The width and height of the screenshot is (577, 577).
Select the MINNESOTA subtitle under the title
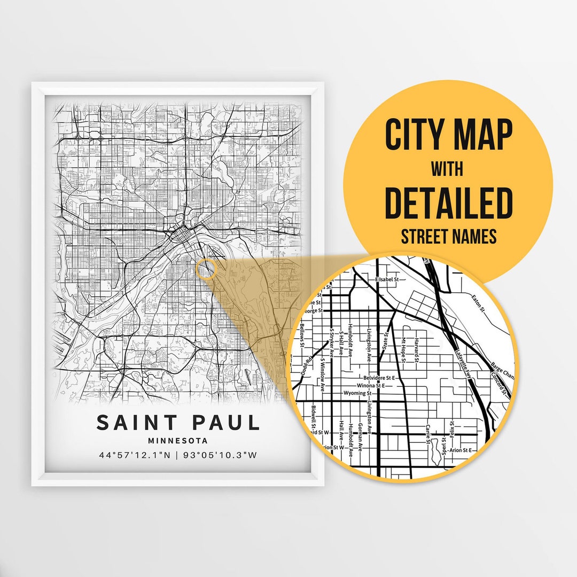[178, 441]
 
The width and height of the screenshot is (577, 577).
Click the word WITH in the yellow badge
[448, 169]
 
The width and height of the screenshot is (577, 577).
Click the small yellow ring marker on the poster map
[206, 269]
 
